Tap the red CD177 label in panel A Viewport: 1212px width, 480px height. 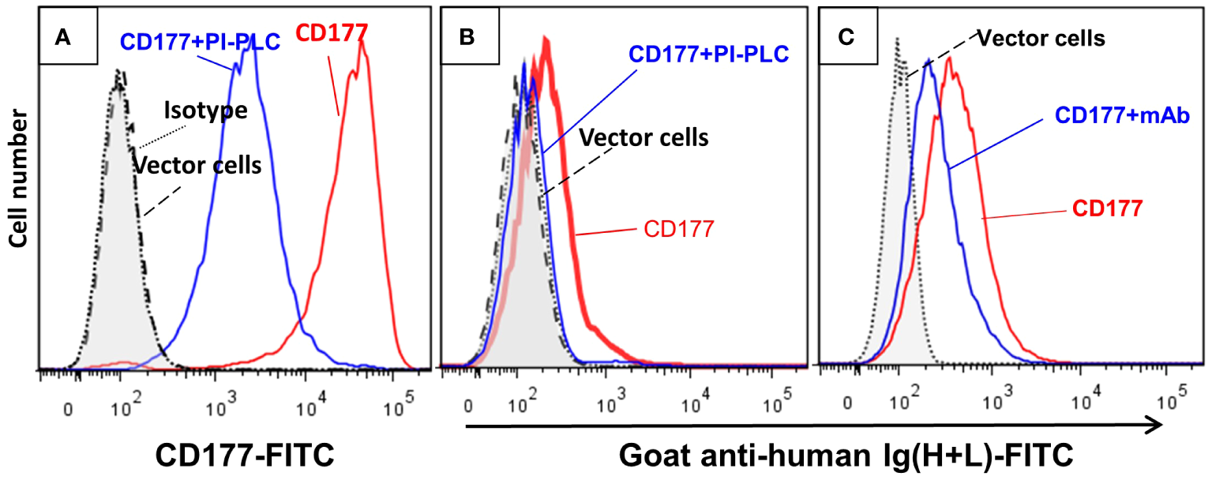pos(332,34)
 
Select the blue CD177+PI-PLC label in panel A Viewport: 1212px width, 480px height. pos(201,41)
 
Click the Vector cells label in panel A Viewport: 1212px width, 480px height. pos(197,167)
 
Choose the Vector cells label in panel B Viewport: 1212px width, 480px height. pos(644,137)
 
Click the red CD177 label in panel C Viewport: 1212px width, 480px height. pos(1107,208)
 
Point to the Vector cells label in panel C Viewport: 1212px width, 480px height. pos(1041,38)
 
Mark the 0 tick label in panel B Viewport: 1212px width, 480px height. pos(471,407)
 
